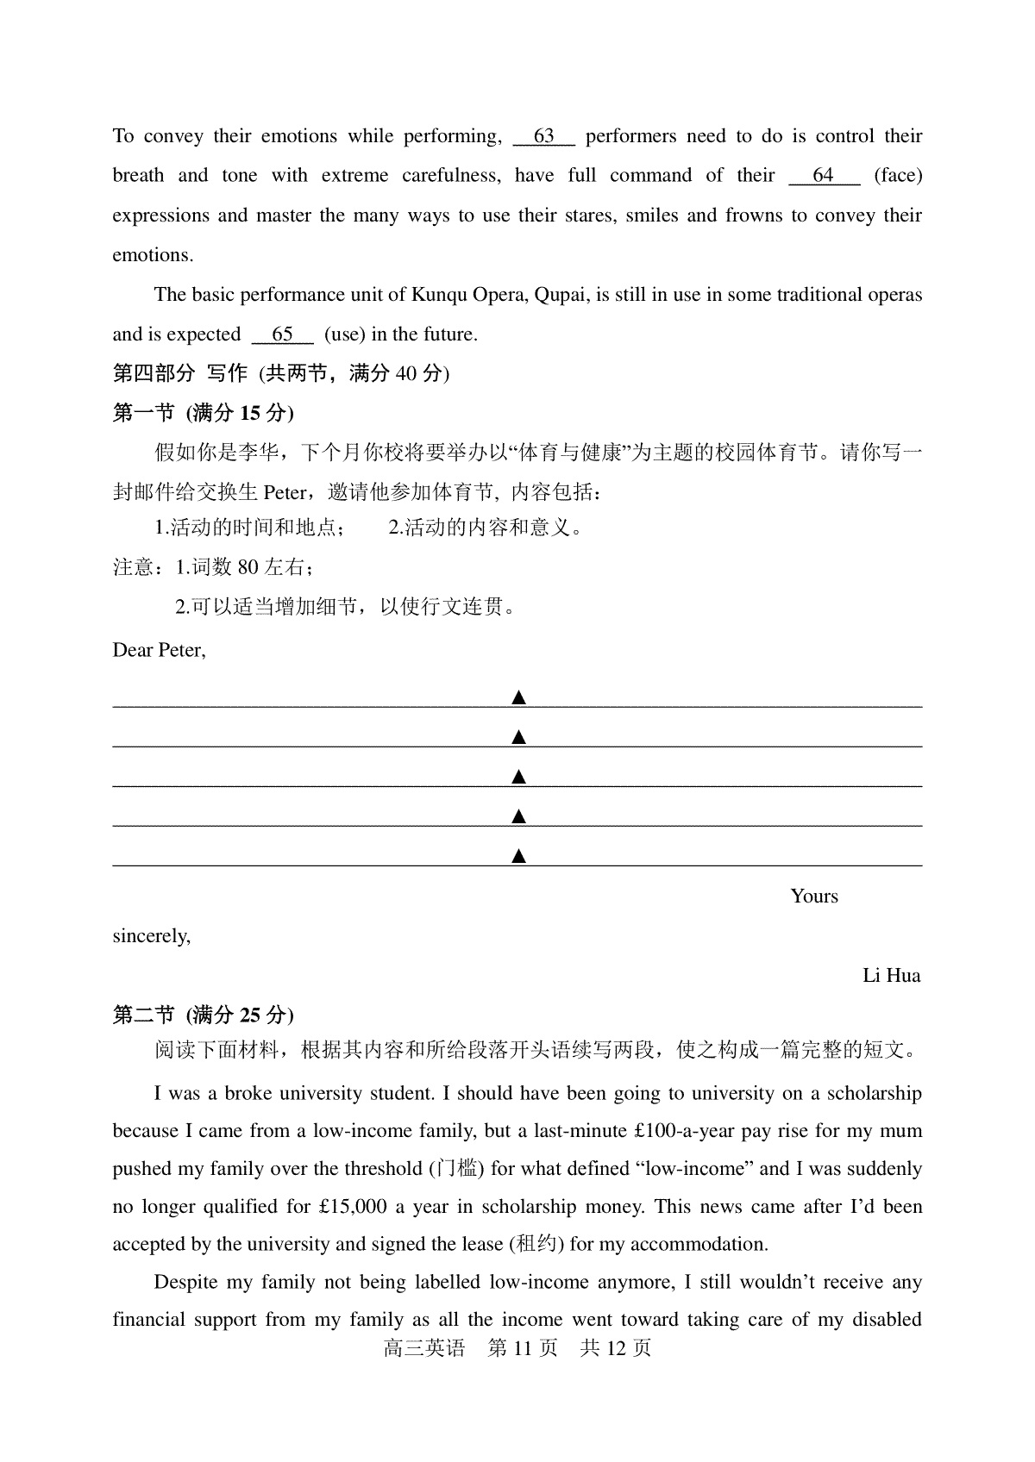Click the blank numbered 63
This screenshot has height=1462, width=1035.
(543, 137)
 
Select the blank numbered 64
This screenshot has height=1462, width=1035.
(824, 176)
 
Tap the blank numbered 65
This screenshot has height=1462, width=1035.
(282, 334)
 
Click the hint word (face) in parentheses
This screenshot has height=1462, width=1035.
(898, 176)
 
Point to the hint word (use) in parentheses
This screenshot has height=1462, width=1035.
(344, 334)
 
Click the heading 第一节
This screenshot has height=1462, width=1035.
(143, 413)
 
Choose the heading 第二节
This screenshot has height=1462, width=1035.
(143, 1015)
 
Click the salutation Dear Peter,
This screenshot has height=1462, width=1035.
(159, 650)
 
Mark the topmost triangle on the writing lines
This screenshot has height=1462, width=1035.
(518, 697)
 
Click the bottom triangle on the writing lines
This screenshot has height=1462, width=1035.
(518, 856)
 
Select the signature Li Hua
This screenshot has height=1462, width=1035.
(891, 976)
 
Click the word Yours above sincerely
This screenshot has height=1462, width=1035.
(813, 897)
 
